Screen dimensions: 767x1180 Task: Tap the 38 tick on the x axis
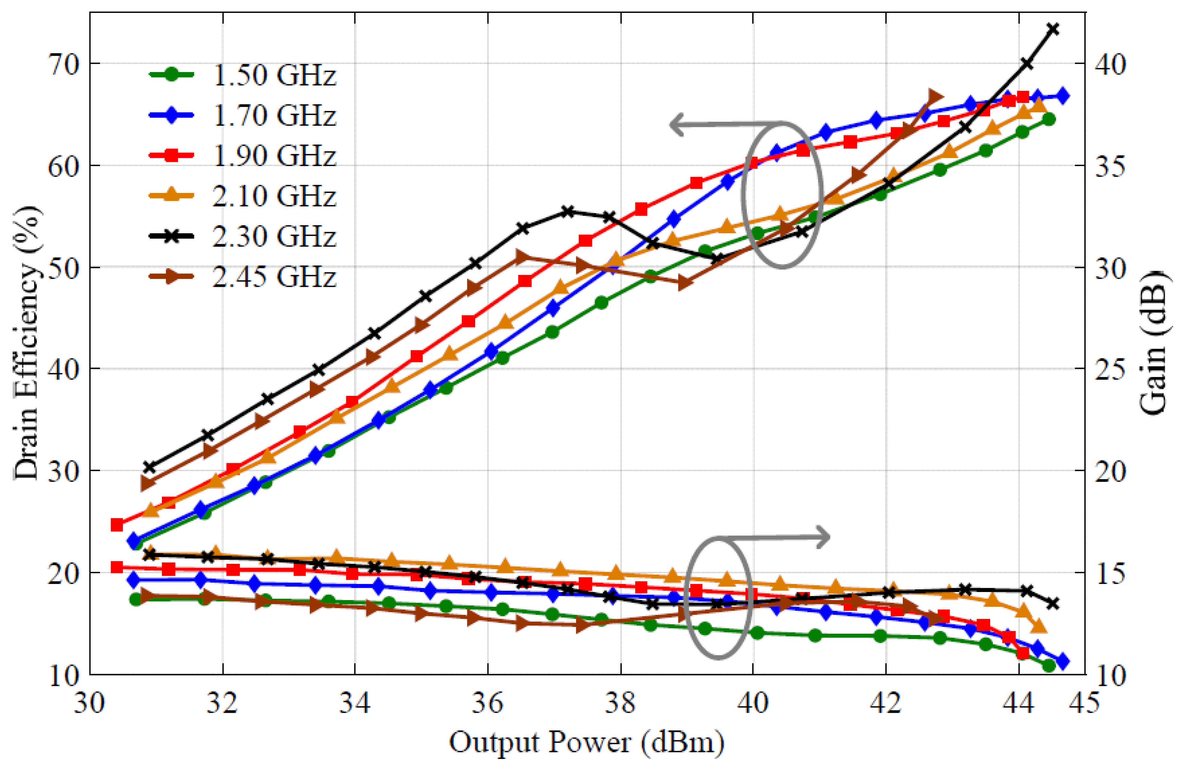(620, 703)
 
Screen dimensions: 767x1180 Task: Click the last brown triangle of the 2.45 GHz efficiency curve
(935, 97)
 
